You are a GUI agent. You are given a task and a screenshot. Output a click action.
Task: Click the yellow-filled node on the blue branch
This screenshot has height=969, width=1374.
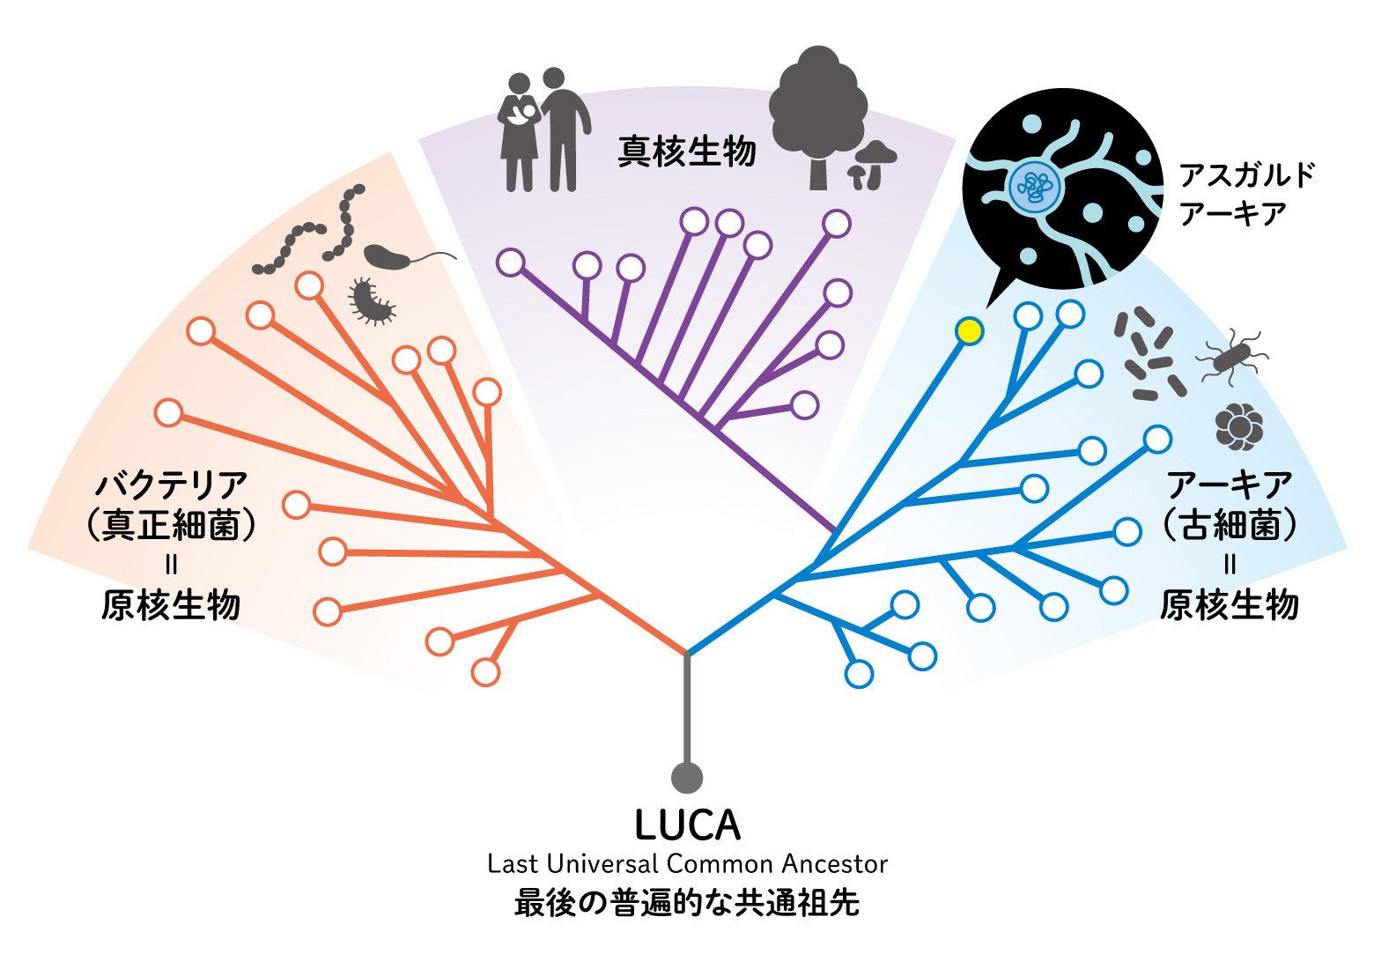point(969,331)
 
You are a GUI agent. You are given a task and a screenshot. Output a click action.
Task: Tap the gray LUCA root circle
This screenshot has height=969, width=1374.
point(687,778)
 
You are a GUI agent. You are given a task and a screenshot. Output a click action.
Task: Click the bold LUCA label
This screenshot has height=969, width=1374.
point(688,825)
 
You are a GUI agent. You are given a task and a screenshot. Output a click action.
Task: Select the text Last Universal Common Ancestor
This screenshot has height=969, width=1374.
point(688,864)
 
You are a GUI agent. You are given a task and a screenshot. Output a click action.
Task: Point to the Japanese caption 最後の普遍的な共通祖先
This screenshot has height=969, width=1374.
point(687,904)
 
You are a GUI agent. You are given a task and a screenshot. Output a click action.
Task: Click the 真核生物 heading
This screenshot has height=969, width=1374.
point(687,152)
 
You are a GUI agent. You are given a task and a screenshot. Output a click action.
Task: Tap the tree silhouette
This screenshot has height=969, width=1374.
point(817,115)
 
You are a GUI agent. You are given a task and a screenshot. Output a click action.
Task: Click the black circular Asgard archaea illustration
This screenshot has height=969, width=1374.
point(1061,189)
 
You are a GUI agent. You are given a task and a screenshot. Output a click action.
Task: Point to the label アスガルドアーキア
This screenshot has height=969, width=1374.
point(1246,194)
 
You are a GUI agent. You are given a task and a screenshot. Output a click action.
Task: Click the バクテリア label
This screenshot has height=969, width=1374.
point(172,485)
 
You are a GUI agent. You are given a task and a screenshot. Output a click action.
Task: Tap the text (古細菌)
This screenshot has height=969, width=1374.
point(1230,526)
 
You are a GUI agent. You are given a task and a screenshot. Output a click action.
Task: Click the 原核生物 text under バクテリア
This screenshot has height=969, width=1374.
point(171,606)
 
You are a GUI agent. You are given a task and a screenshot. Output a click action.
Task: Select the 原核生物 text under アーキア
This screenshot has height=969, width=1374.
point(1230,606)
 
